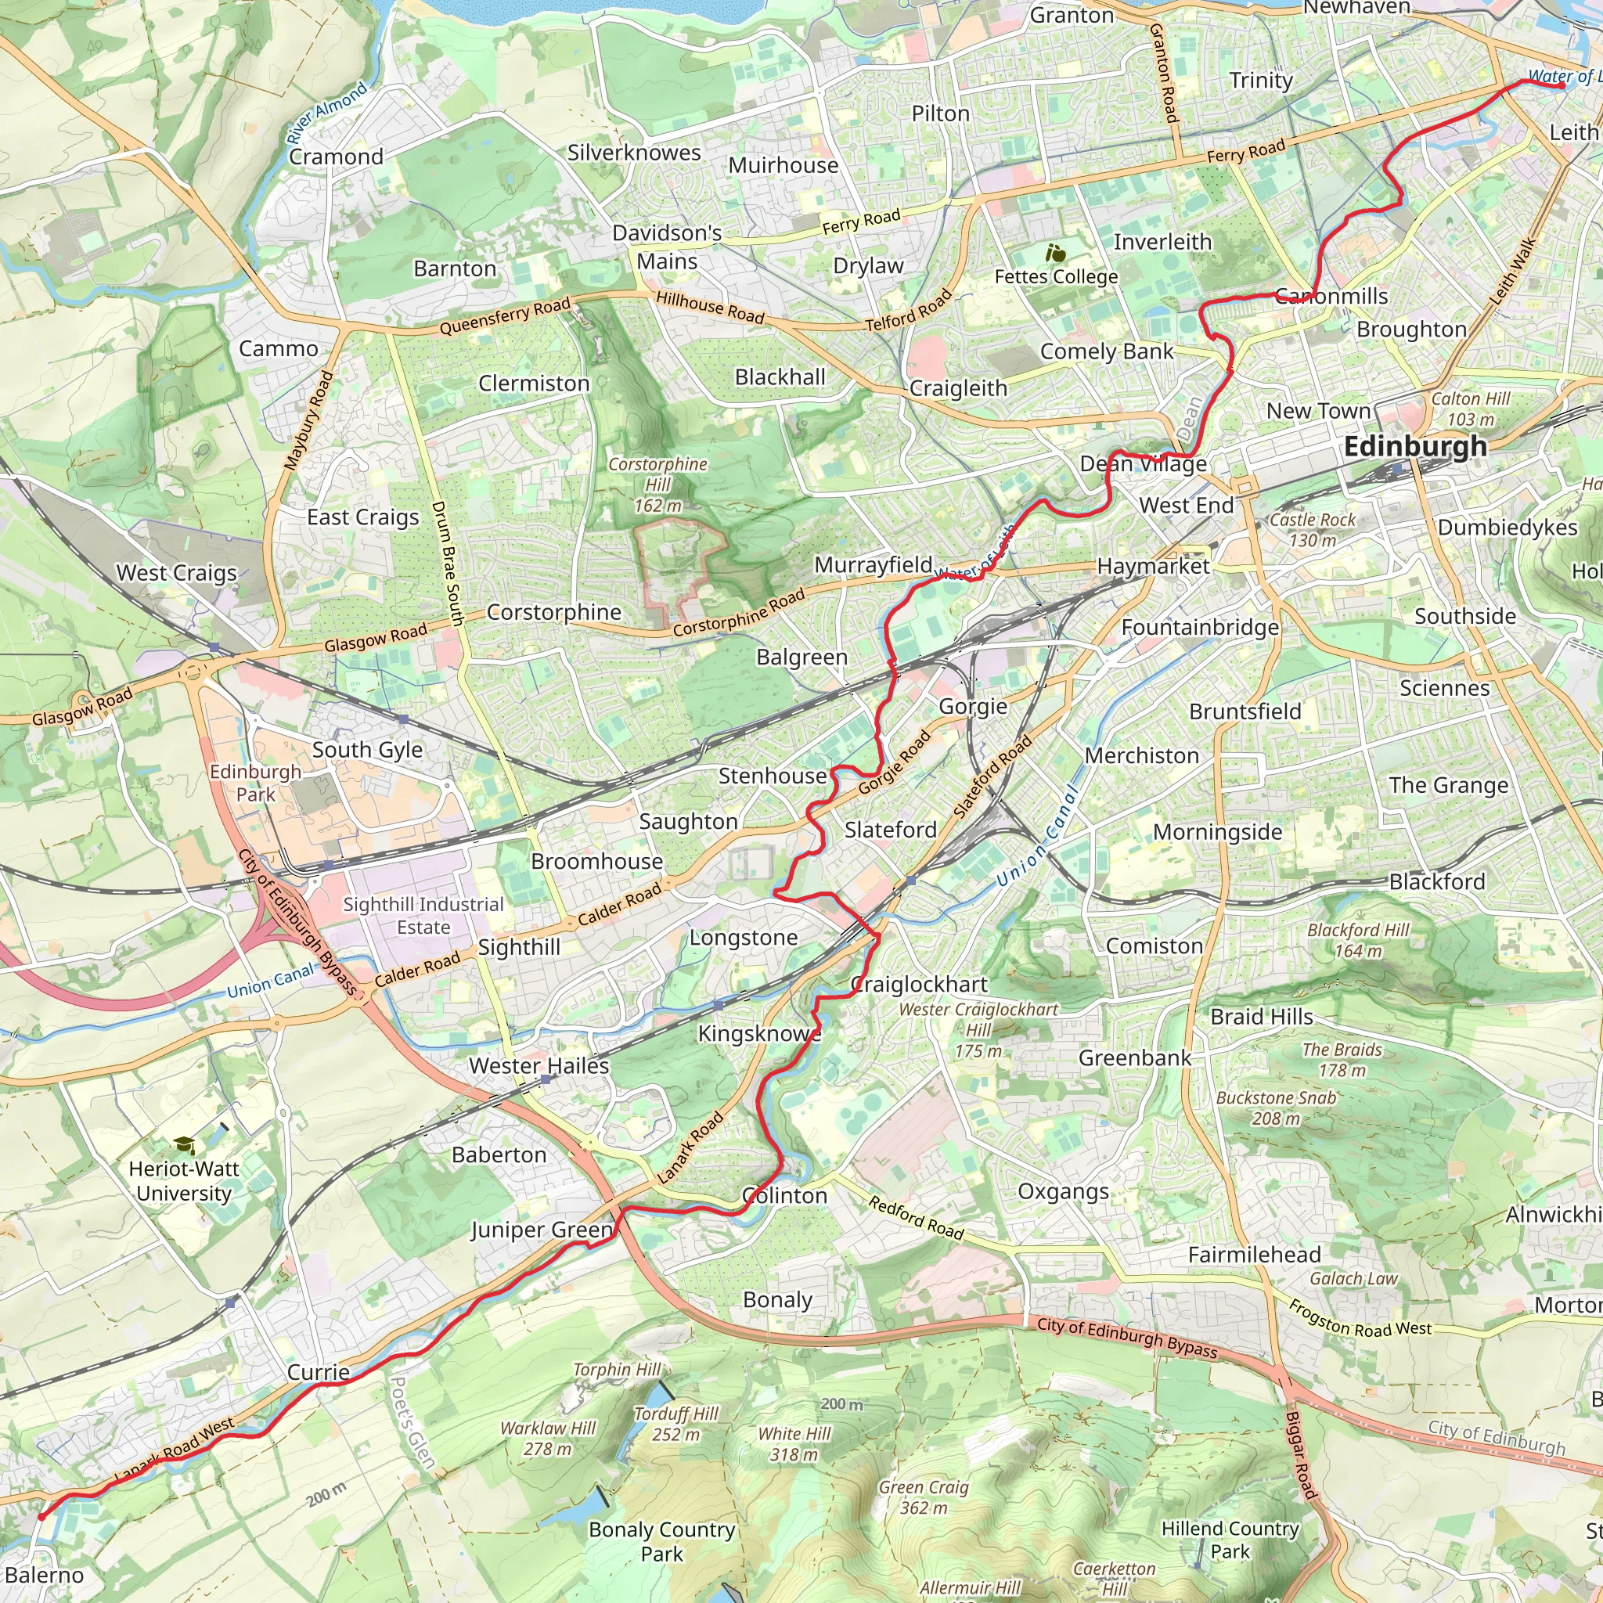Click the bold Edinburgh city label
[x=1414, y=446]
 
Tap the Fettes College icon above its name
[x=1055, y=253]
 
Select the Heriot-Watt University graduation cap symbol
[x=184, y=1146]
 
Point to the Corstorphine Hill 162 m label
[x=657, y=485]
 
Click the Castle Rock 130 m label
[x=1312, y=529]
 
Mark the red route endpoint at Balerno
[x=41, y=1517]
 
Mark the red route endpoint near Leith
[x=1562, y=85]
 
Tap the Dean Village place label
[x=1143, y=464]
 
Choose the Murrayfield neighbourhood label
[x=873, y=565]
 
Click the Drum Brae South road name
[x=447, y=564]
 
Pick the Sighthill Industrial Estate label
[x=423, y=916]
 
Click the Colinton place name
[x=785, y=1196]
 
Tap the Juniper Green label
[x=542, y=1230]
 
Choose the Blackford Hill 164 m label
[x=1357, y=940]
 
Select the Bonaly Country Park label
[x=661, y=1540]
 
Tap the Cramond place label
[x=336, y=157]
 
